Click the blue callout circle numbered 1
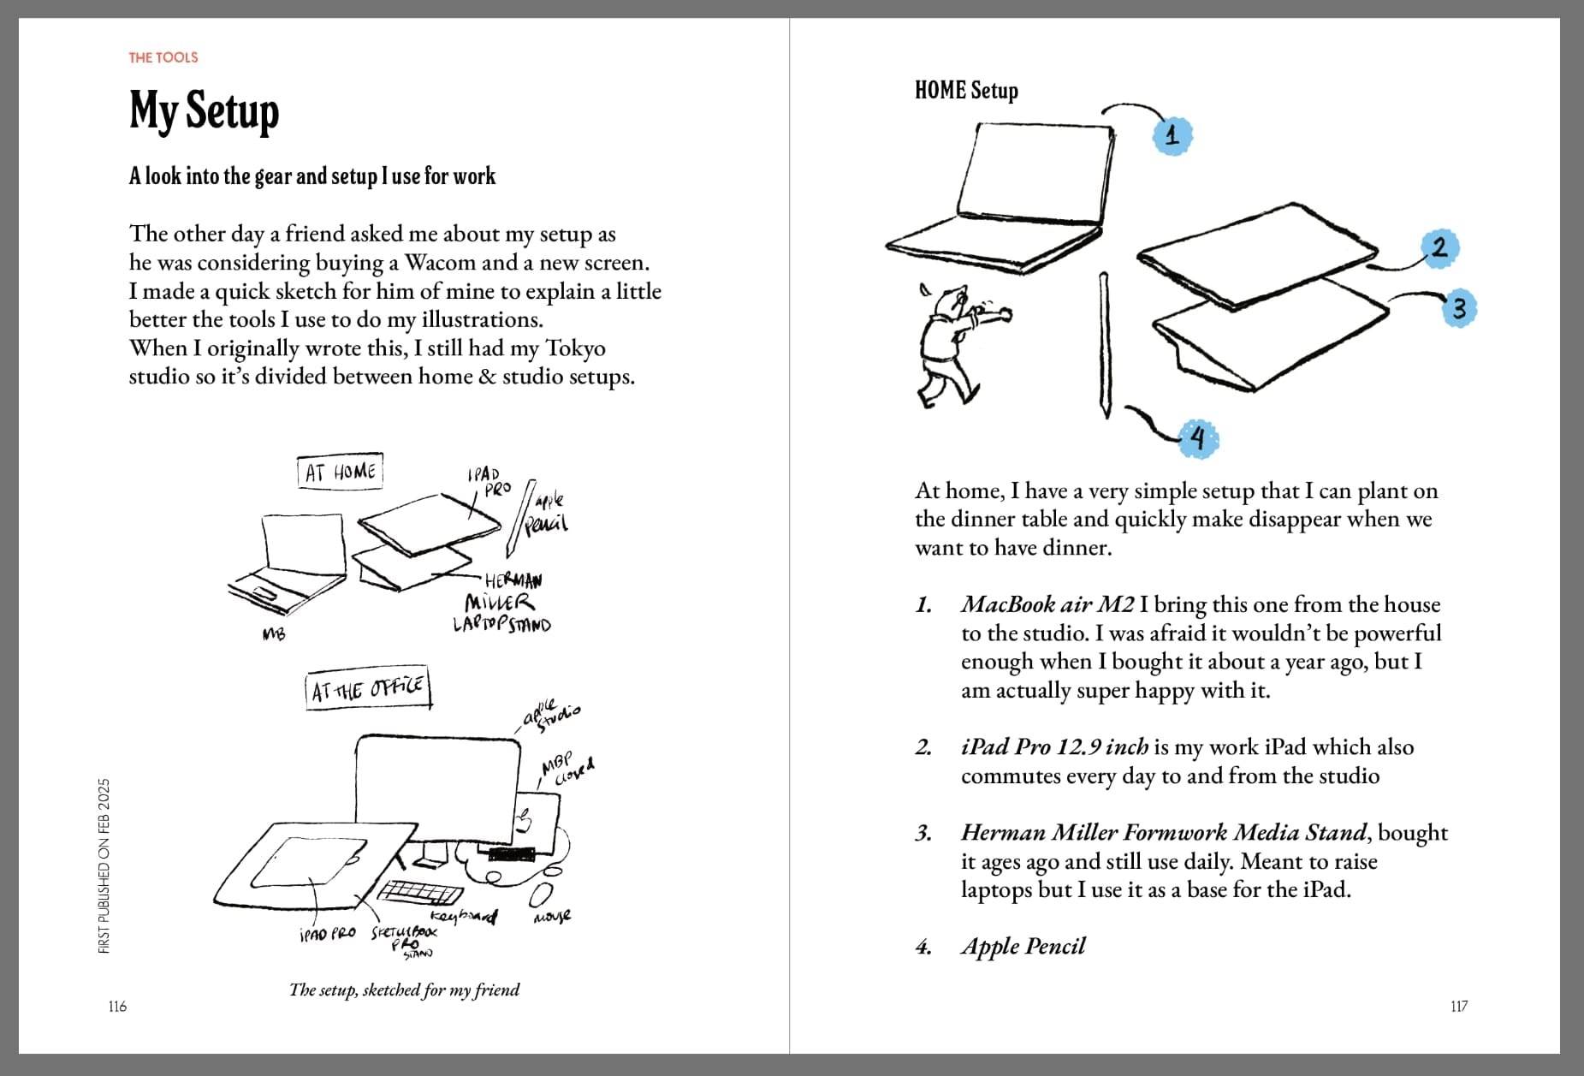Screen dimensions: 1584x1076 (1172, 134)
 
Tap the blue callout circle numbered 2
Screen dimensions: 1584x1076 (1440, 248)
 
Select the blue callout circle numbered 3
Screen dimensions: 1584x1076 (1459, 308)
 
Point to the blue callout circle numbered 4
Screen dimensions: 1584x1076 (1198, 439)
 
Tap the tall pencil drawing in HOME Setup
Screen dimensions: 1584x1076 (1105, 345)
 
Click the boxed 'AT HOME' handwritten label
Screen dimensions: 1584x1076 (340, 472)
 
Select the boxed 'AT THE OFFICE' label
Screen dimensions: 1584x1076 (368, 689)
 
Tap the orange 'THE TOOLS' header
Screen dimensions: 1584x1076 (163, 57)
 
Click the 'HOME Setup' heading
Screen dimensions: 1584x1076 (966, 90)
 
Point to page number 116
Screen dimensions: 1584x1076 (117, 1006)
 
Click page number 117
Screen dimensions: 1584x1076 (1459, 1006)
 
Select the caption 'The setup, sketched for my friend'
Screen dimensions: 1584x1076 (404, 990)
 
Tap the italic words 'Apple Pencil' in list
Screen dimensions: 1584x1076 (1023, 947)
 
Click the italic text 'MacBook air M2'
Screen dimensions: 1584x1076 (1047, 604)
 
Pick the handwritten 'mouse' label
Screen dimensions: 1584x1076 (552, 917)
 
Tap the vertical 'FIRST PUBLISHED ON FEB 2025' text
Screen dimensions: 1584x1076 (104, 865)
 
